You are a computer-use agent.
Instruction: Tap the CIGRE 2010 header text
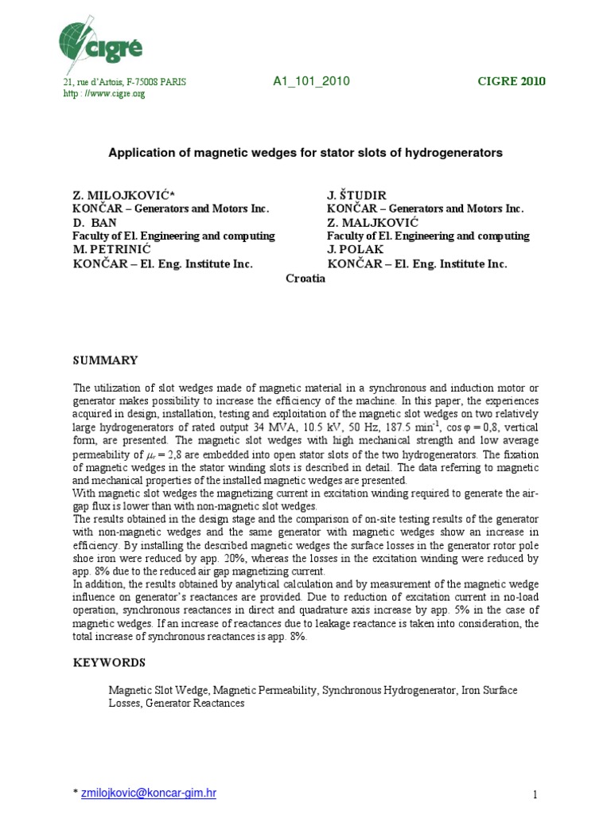tap(511, 82)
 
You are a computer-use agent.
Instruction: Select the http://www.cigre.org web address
tap(104, 94)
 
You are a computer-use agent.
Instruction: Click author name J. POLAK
tap(356, 250)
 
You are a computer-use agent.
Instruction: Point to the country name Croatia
tap(305, 277)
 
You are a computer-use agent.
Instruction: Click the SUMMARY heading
tap(105, 361)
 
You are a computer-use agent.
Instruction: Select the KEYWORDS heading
tap(109, 662)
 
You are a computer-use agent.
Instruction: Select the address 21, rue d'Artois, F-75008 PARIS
tap(125, 83)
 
